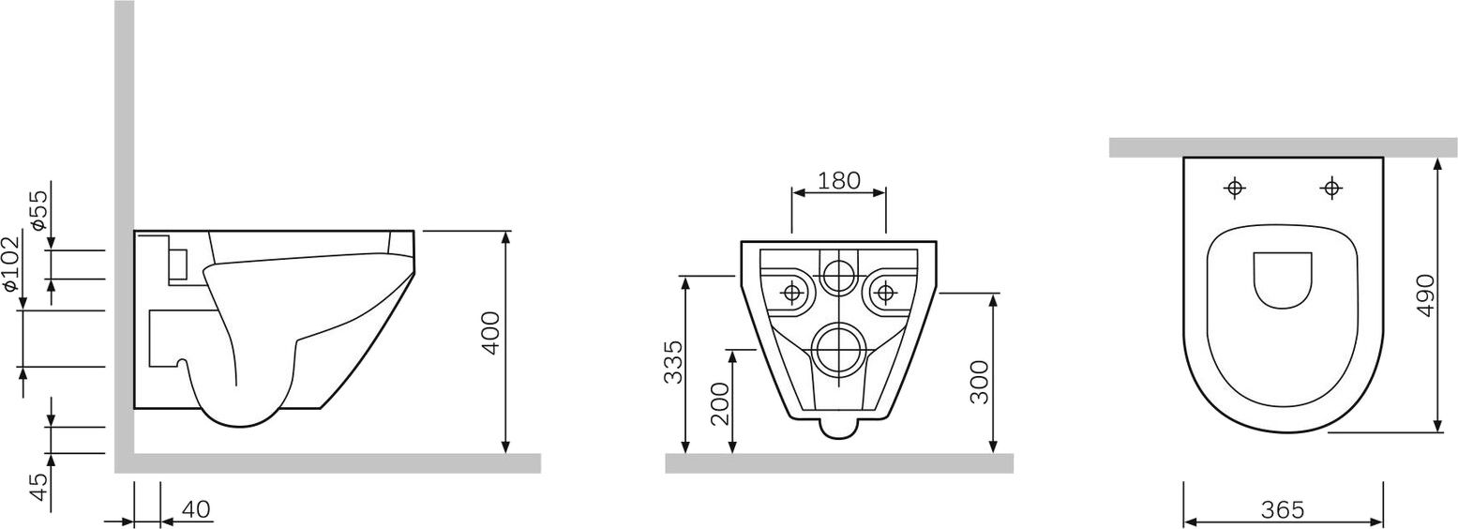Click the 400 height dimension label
[490, 332]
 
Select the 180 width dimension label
[839, 180]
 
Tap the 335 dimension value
[672, 362]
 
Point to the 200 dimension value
[719, 403]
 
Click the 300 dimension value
[979, 382]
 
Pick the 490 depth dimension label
[1425, 295]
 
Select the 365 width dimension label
[1282, 509]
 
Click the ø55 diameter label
[38, 210]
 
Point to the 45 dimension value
[38, 487]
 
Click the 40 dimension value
[195, 509]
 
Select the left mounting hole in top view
[1235, 189]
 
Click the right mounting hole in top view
[1330, 189]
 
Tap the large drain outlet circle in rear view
[838, 351]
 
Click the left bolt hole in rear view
[792, 293]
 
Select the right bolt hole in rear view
[884, 293]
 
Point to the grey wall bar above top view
[1282, 147]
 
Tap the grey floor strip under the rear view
[839, 463]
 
